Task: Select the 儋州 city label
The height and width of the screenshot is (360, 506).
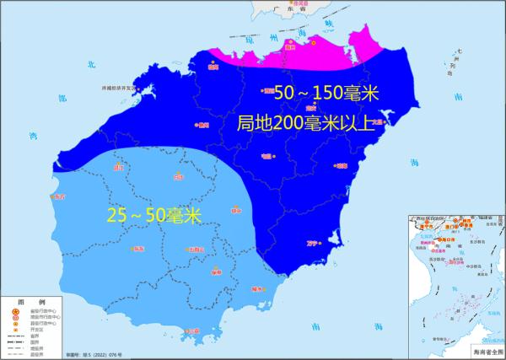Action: click(x=202, y=126)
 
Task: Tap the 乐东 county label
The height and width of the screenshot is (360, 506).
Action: click(x=139, y=250)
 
